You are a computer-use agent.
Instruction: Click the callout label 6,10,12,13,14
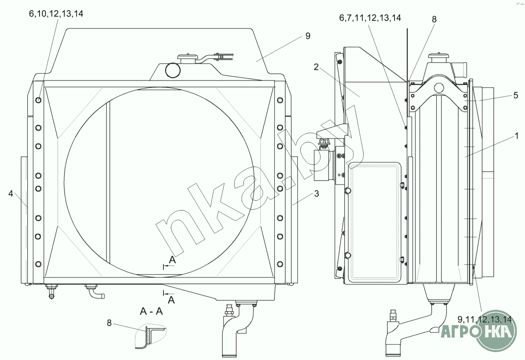56,14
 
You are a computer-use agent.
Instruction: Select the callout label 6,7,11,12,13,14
370,18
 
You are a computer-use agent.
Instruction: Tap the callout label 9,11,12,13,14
485,319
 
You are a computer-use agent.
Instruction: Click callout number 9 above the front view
308,36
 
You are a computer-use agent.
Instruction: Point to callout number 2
316,67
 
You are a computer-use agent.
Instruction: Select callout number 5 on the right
516,95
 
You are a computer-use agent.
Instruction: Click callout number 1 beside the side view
517,136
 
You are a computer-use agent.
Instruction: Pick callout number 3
317,193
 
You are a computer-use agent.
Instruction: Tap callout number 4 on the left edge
11,193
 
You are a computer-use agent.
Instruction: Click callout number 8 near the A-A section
109,323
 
